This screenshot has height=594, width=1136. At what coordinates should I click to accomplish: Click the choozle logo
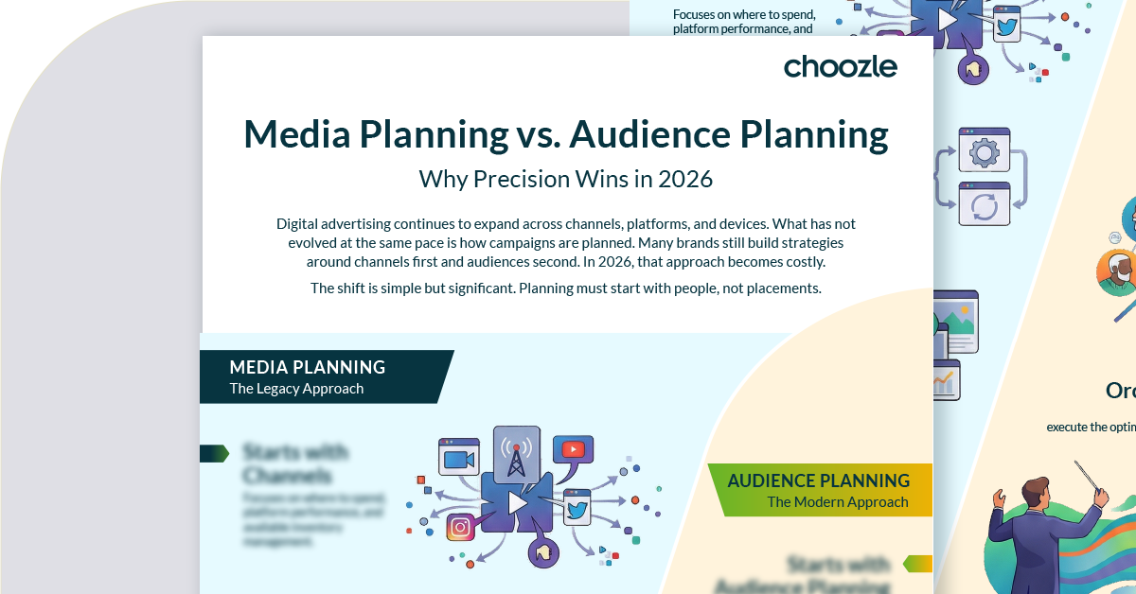tap(840, 66)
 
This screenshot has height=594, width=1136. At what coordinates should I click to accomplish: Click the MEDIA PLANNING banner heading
tap(307, 367)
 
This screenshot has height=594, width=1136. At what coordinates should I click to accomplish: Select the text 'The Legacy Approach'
tap(295, 389)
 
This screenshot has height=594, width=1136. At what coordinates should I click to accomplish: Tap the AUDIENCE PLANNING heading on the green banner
tap(818, 480)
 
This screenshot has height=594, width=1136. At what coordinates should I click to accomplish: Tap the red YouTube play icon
tap(573, 449)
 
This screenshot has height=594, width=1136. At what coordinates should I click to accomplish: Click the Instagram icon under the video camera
tap(460, 527)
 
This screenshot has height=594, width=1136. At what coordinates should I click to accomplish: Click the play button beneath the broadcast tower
tap(517, 503)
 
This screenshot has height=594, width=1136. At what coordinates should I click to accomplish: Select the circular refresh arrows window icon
tap(985, 204)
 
